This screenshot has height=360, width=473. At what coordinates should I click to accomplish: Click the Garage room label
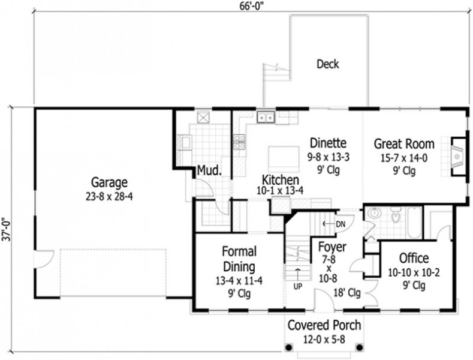[109, 182]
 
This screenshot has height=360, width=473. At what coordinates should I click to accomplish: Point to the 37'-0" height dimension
[7, 229]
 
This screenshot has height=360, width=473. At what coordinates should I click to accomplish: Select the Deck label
[327, 64]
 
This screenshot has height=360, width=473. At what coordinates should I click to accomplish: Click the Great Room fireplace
[459, 157]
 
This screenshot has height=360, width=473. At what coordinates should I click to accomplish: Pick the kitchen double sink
[266, 117]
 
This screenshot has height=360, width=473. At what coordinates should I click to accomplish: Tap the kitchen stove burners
[240, 142]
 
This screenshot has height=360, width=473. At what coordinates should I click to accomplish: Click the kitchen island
[284, 158]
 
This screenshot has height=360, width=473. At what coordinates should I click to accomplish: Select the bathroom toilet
[394, 215]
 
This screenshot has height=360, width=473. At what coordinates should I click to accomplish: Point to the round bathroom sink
[374, 213]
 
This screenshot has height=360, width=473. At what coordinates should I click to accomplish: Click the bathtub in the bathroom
[414, 222]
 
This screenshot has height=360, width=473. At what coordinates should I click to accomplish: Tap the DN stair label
[341, 224]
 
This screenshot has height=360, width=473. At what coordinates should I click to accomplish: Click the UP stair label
[298, 286]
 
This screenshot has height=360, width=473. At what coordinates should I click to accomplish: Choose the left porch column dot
[289, 347]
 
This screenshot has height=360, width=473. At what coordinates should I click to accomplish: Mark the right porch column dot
[359, 347]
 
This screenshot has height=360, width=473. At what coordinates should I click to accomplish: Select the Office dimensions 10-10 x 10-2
[414, 273]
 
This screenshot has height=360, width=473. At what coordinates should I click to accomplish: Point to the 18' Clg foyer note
[347, 292]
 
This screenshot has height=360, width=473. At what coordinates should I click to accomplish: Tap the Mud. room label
[209, 170]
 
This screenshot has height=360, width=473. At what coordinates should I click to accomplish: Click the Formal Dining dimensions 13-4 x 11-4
[239, 281]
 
